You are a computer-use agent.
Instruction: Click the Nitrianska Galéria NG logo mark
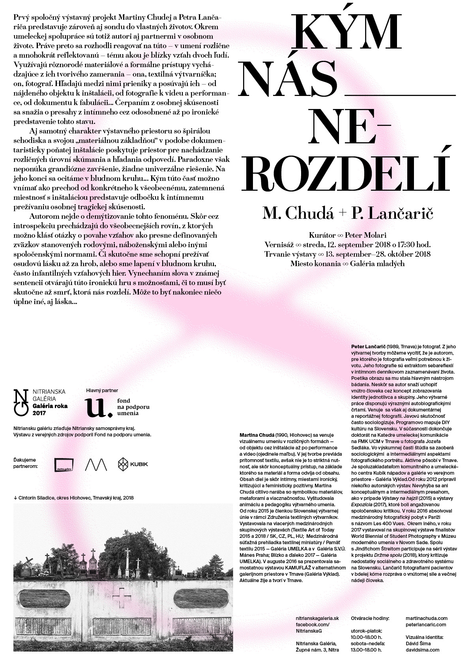coord(21,402)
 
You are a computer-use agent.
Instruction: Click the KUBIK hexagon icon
coord(124,464)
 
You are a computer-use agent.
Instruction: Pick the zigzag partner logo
coord(96,465)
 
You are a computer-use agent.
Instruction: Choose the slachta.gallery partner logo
coord(64,465)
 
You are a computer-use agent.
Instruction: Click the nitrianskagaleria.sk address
coord(317,618)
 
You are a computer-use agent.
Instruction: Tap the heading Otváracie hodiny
coord(370,618)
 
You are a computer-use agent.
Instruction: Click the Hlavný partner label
coord(102,390)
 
